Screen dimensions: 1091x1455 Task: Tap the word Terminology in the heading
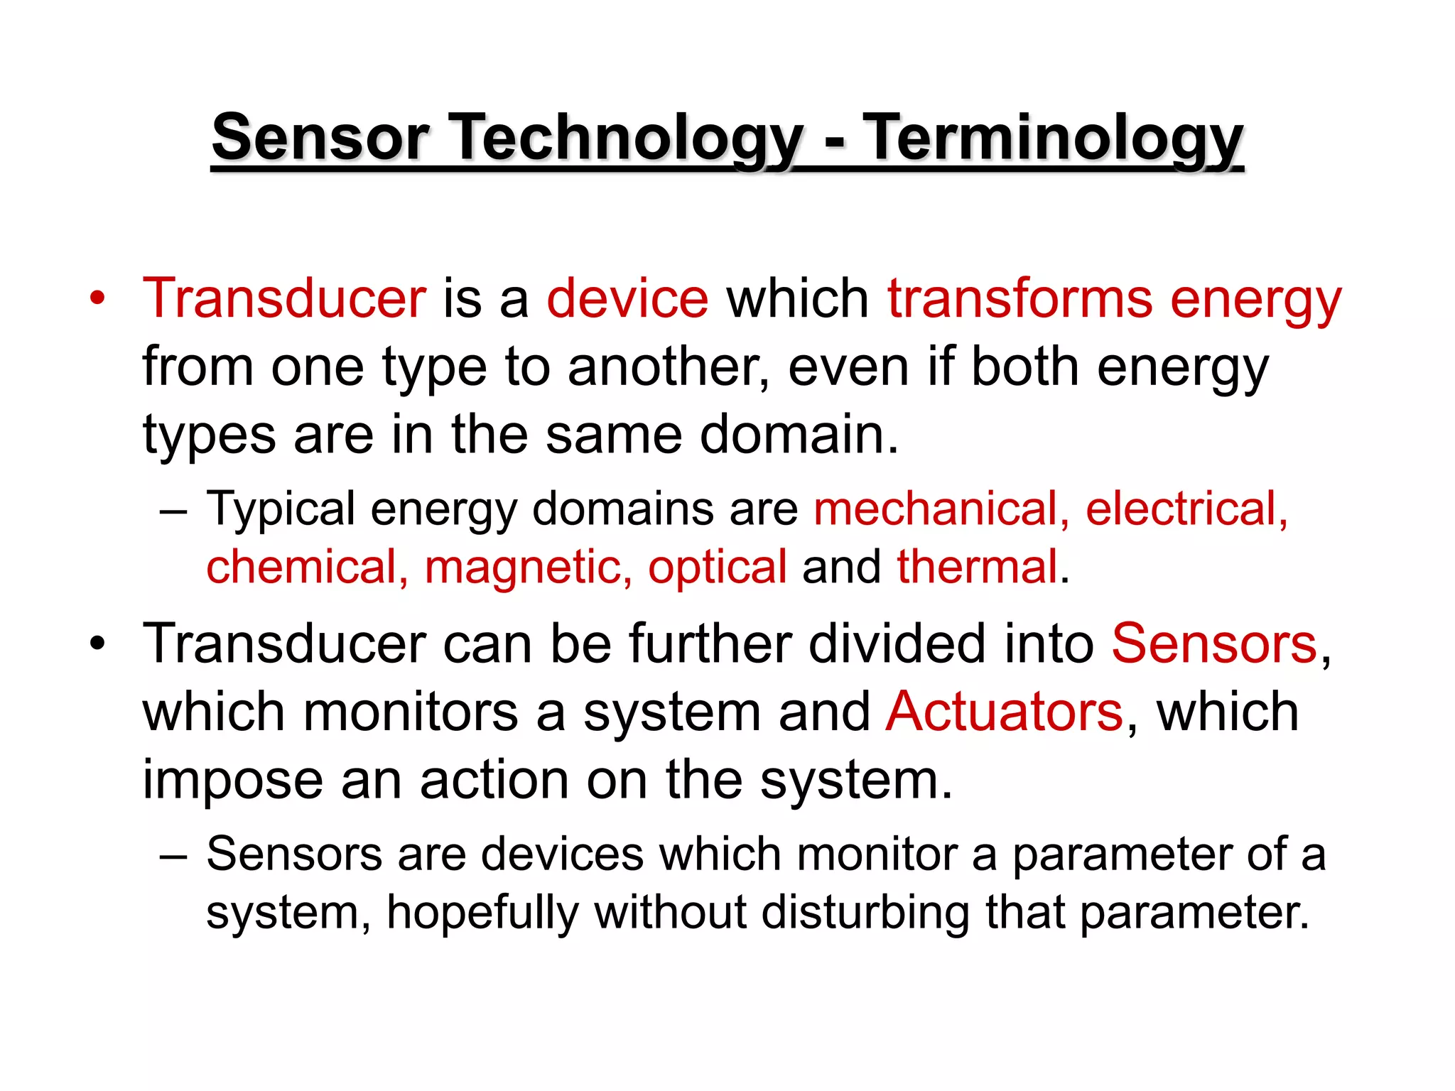coord(1056,138)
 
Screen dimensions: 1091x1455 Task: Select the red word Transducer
coord(284,298)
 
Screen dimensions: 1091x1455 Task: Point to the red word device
coord(627,298)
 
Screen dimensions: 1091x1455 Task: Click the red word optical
coord(717,568)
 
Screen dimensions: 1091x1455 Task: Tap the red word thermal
coord(978,568)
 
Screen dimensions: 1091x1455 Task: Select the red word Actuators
coord(1005,712)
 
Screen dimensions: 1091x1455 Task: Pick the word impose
coord(232,781)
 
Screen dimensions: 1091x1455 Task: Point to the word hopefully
coord(482,912)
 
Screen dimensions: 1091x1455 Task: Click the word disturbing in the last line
coord(865,912)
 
